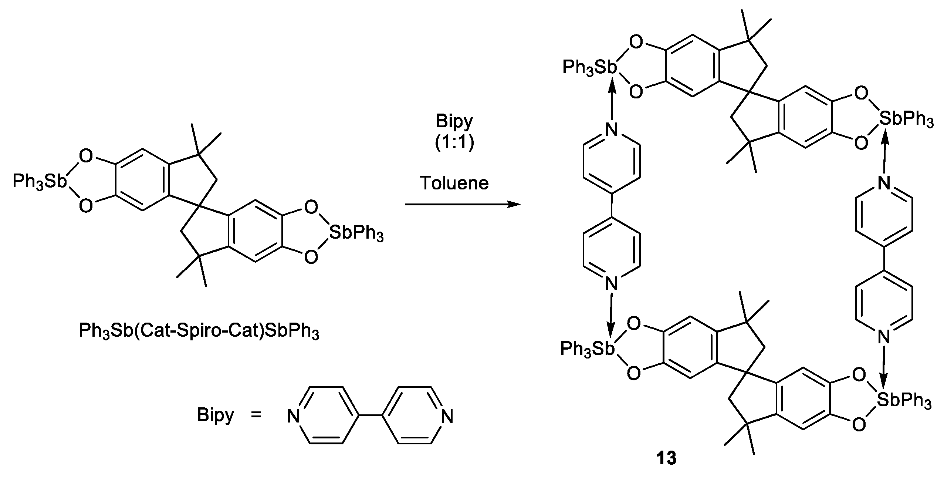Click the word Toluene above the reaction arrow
coord(454,183)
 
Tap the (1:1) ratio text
coord(454,144)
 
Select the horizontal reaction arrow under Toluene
coord(462,204)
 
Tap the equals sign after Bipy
coord(256,415)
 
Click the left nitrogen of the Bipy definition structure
coord(294,417)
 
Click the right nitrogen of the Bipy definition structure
coord(447,417)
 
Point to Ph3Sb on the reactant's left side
coord(40,182)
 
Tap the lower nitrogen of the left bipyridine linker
coord(612,284)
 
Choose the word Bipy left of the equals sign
coord(215,415)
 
